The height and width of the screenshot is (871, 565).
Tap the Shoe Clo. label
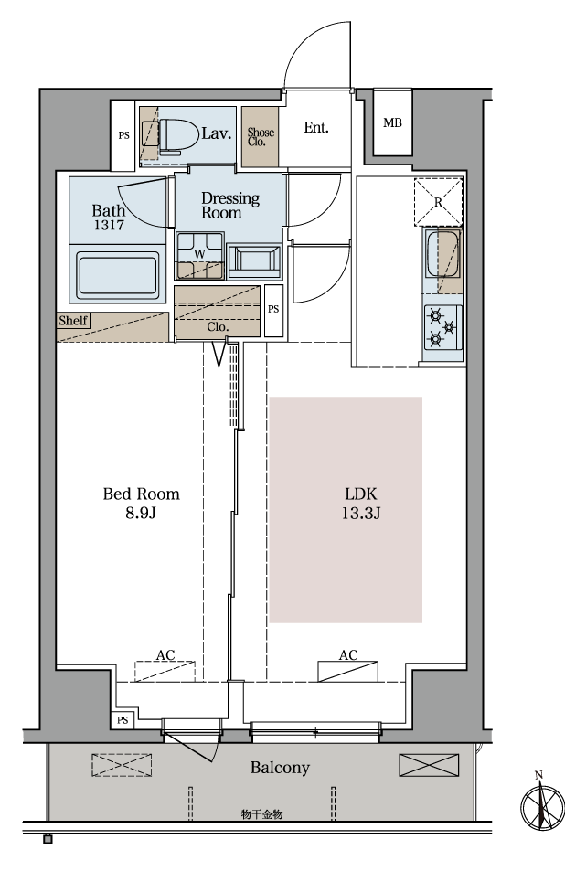(261, 137)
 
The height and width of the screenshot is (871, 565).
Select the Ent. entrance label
(316, 128)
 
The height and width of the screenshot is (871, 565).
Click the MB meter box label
(392, 122)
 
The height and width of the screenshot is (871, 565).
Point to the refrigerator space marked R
(438, 202)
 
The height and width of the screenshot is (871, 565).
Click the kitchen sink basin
(442, 253)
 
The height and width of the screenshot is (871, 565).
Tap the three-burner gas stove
(442, 328)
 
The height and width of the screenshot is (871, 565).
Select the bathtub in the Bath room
(117, 275)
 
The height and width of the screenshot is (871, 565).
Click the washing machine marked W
(200, 254)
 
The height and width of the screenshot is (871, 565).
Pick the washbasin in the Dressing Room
(254, 260)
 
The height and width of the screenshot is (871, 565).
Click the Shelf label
(73, 321)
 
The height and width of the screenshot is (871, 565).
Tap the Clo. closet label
(218, 327)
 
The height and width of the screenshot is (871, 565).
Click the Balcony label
(280, 769)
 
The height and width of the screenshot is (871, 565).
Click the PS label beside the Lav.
(124, 135)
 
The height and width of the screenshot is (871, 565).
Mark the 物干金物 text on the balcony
(262, 814)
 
